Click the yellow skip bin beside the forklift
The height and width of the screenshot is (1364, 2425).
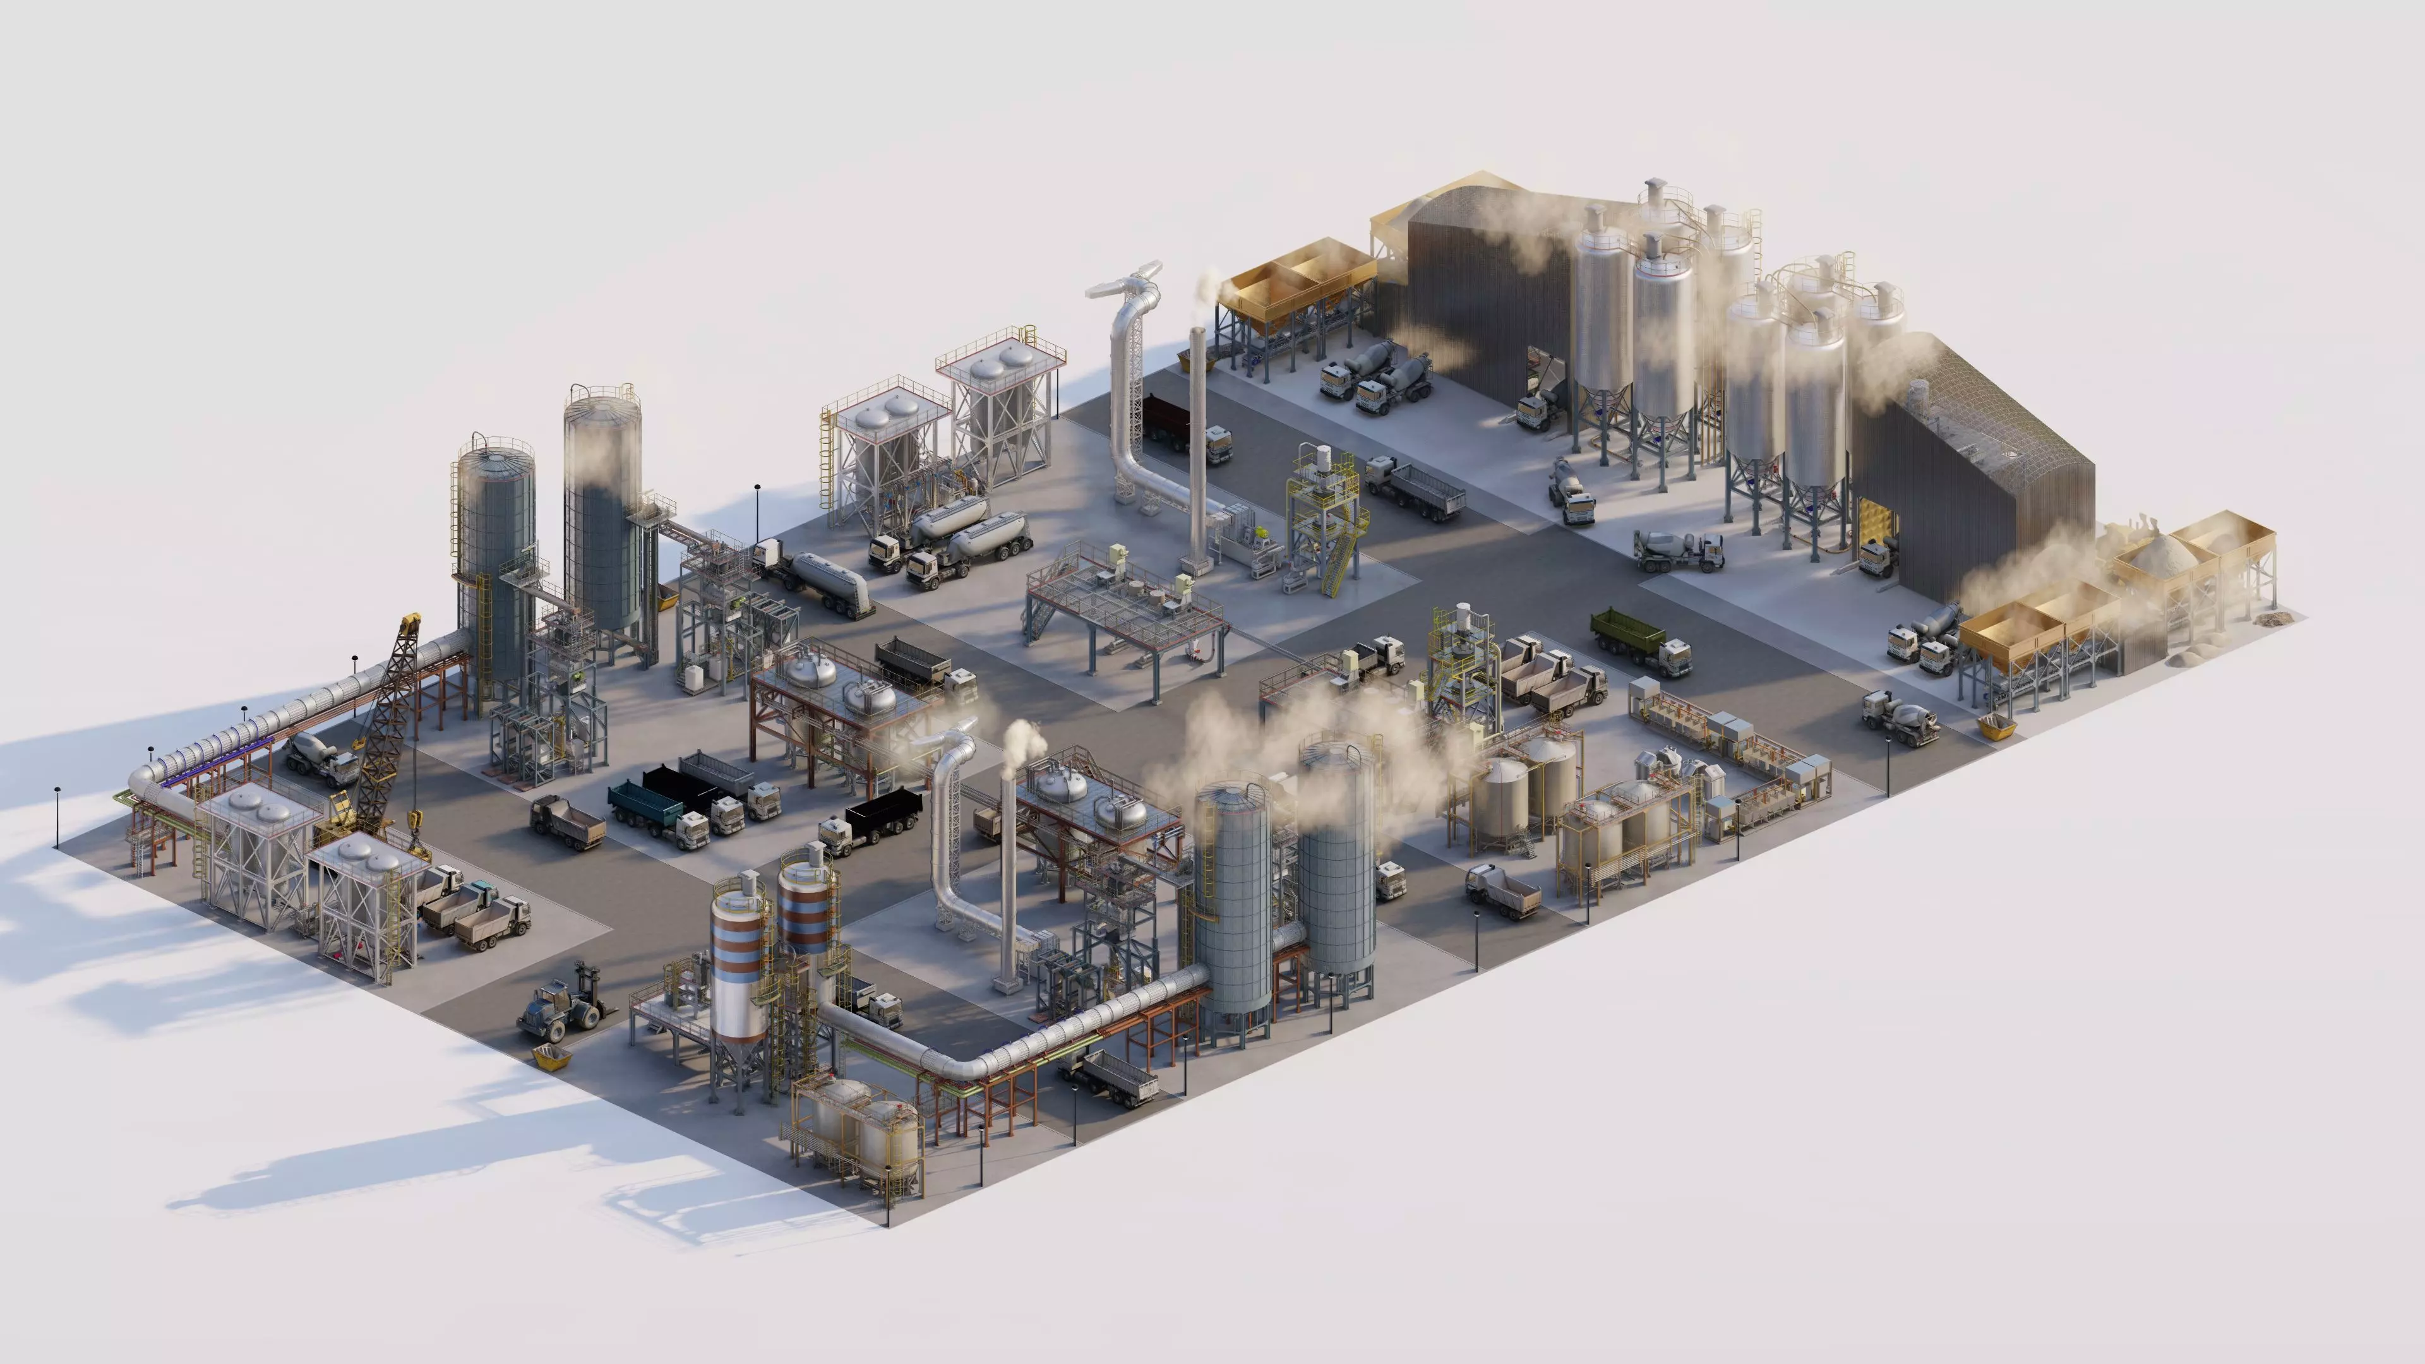pyautogui.click(x=550, y=1056)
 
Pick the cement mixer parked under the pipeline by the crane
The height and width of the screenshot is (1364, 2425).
pyautogui.click(x=320, y=756)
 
